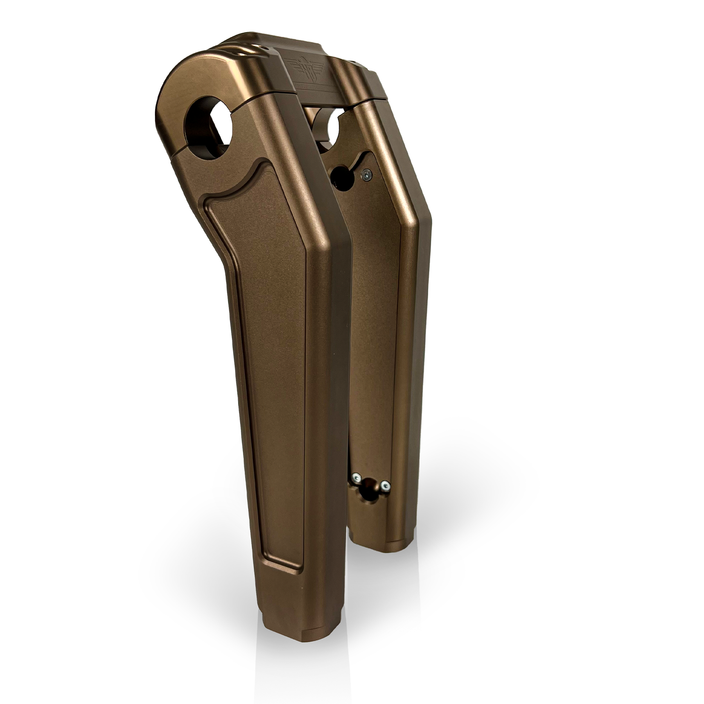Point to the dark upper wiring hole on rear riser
(342, 178)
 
